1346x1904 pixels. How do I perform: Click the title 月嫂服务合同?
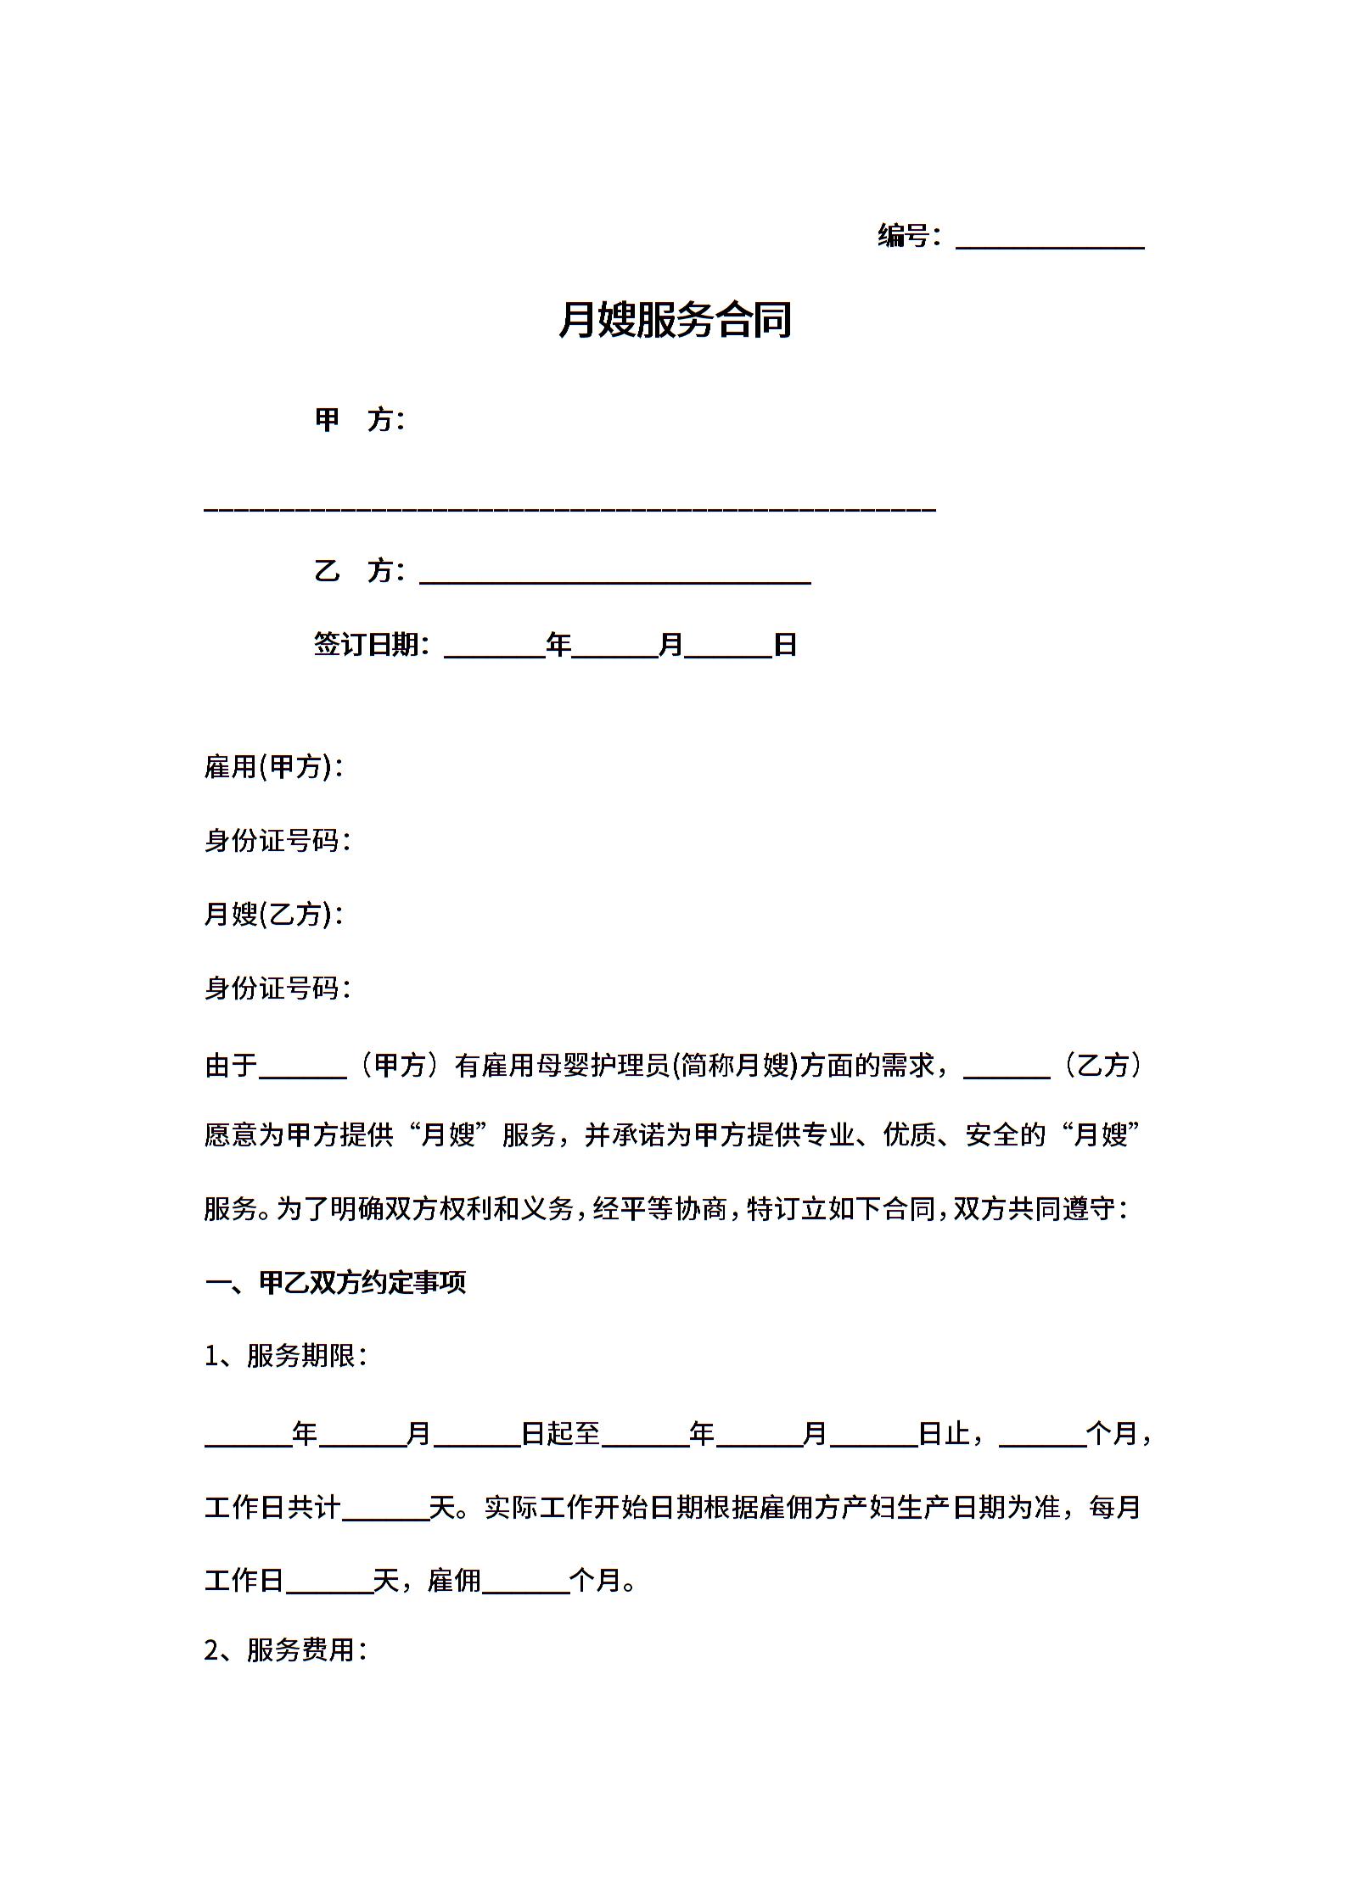click(x=675, y=320)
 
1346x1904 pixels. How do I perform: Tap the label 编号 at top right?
click(x=904, y=235)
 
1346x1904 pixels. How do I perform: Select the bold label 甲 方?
click(x=358, y=419)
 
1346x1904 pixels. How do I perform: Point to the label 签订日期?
click(x=370, y=645)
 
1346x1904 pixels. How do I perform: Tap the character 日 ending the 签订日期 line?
click(x=785, y=645)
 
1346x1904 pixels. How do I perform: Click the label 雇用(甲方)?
click(x=272, y=767)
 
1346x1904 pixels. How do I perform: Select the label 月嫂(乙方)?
click(x=272, y=914)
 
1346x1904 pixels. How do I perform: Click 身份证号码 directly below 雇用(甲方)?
click(x=276, y=841)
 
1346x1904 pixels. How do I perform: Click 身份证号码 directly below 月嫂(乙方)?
click(x=276, y=988)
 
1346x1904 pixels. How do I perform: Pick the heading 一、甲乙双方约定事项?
click(x=335, y=1282)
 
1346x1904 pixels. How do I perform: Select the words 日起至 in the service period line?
click(x=560, y=1434)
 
